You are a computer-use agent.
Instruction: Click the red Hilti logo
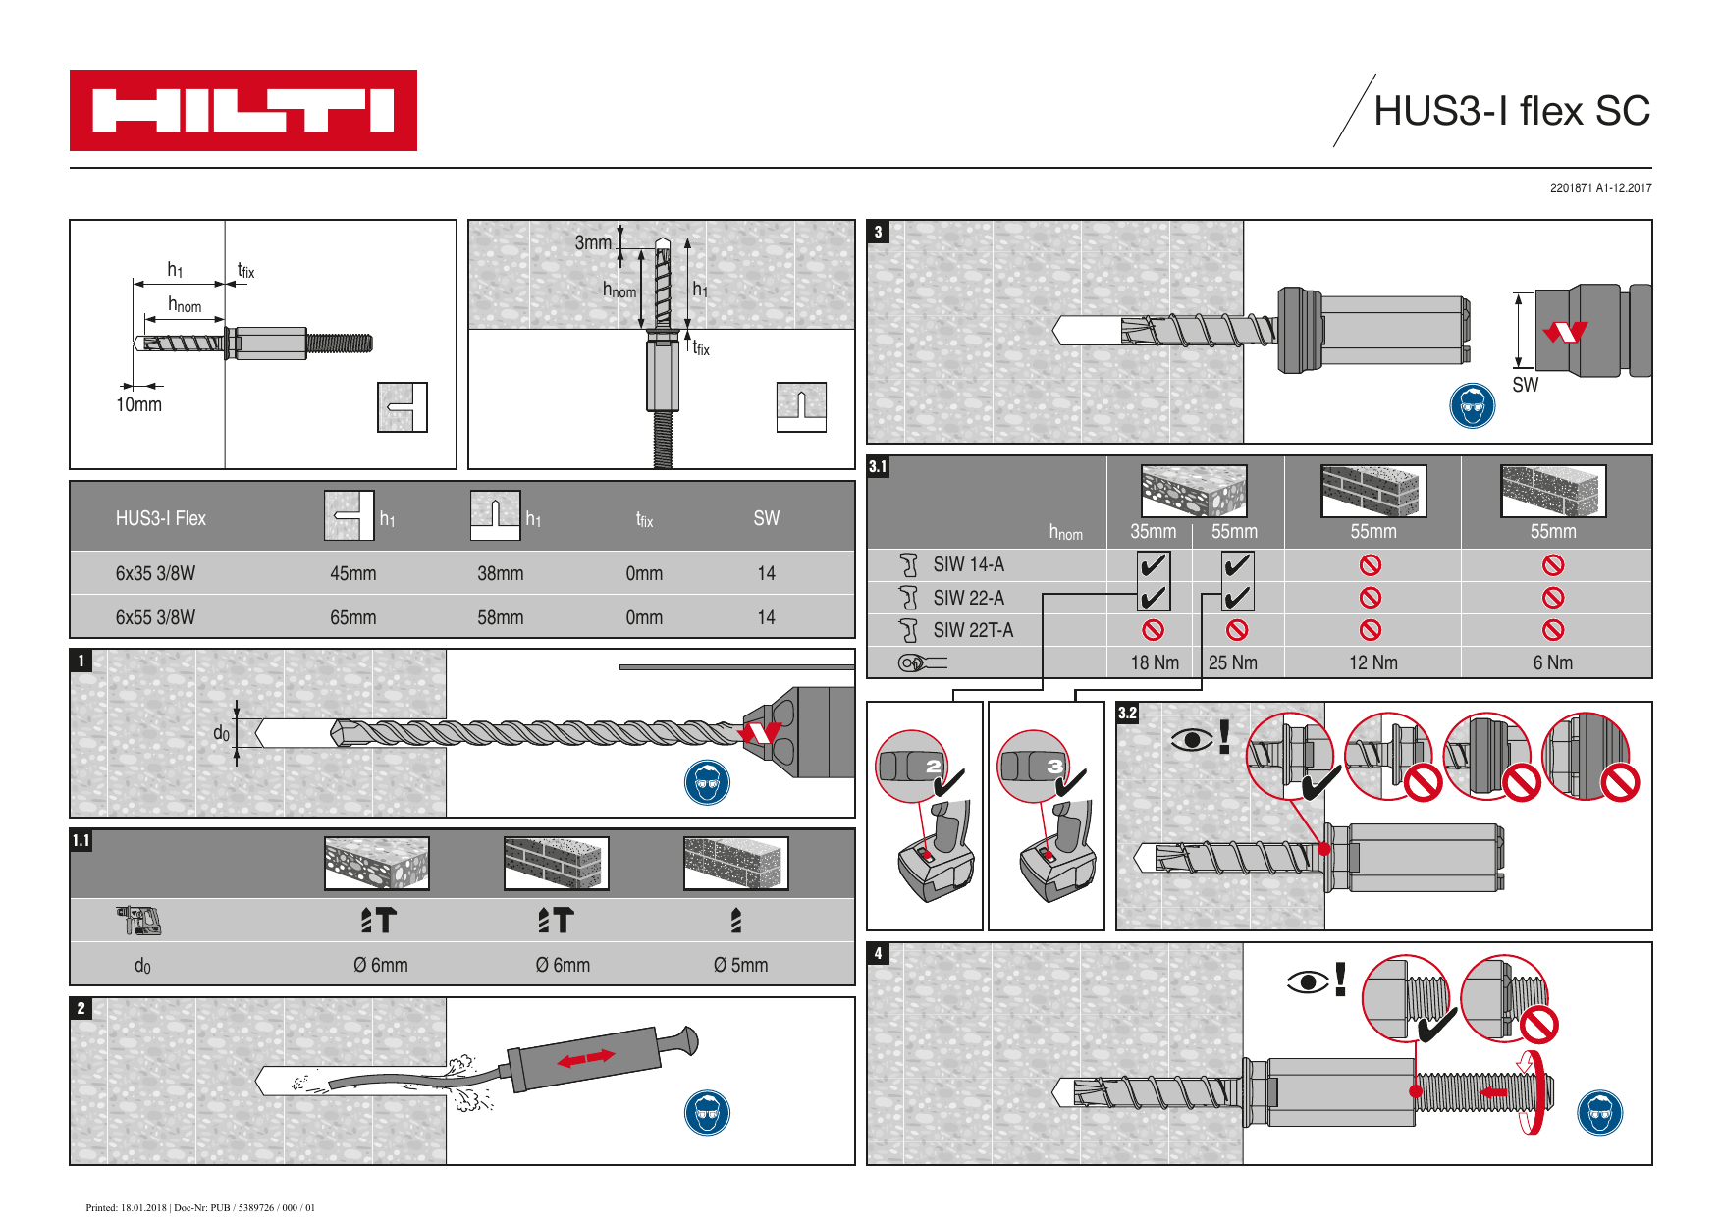[x=242, y=110]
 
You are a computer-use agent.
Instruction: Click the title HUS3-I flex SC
[x=1511, y=111]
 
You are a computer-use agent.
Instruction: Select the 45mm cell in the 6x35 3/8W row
[x=352, y=573]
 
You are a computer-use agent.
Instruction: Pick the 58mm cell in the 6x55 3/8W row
[x=500, y=617]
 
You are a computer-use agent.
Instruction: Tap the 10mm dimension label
[x=138, y=404]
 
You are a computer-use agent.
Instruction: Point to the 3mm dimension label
[x=592, y=242]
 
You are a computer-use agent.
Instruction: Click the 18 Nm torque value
[x=1154, y=662]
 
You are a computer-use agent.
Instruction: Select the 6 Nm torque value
[x=1552, y=662]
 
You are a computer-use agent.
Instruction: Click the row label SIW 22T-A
[x=972, y=630]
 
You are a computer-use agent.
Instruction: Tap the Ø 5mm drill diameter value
[x=740, y=965]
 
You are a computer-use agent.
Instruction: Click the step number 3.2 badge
[x=1127, y=714]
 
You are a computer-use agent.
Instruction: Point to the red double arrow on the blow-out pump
[x=585, y=1058]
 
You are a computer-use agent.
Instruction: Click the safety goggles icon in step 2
[x=707, y=1113]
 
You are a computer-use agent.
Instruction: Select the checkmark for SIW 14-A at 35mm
[x=1153, y=565]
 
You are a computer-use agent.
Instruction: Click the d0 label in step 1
[x=221, y=733]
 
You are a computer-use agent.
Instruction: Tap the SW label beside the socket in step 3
[x=1525, y=385]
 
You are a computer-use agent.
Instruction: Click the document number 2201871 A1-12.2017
[x=1600, y=187]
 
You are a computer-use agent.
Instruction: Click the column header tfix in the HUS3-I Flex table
[x=644, y=519]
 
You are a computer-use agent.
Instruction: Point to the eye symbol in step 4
[x=1307, y=981]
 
